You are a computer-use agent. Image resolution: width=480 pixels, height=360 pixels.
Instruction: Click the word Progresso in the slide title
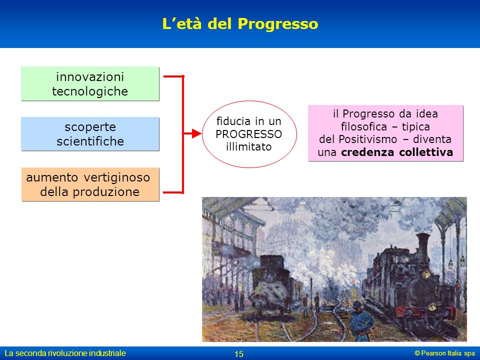pyautogui.click(x=278, y=24)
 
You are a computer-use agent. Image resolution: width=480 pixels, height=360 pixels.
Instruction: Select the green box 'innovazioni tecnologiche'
pyautogui.click(x=90, y=83)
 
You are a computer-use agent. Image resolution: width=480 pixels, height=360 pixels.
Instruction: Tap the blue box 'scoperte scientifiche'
pyautogui.click(x=90, y=134)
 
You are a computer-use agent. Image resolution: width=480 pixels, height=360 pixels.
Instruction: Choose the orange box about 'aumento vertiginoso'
pyautogui.click(x=90, y=184)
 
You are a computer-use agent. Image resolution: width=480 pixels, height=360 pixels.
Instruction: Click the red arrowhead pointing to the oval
pyautogui.click(x=197, y=133)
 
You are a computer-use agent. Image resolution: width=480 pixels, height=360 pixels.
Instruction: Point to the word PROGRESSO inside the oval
pyautogui.click(x=248, y=134)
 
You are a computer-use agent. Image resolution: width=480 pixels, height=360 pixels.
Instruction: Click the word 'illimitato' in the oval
pyautogui.click(x=248, y=147)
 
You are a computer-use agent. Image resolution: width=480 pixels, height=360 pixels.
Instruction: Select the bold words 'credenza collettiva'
pyautogui.click(x=397, y=152)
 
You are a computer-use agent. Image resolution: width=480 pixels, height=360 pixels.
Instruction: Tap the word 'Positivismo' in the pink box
pyautogui.click(x=367, y=139)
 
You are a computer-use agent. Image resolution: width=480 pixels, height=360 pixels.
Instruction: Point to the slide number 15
pyautogui.click(x=239, y=354)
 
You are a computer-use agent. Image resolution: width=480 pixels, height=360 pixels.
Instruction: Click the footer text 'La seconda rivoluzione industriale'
pyautogui.click(x=65, y=353)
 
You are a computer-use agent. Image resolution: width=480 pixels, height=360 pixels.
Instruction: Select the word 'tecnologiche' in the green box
pyautogui.click(x=90, y=91)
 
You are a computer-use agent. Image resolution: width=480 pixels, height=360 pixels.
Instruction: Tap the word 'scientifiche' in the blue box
pyautogui.click(x=90, y=141)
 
